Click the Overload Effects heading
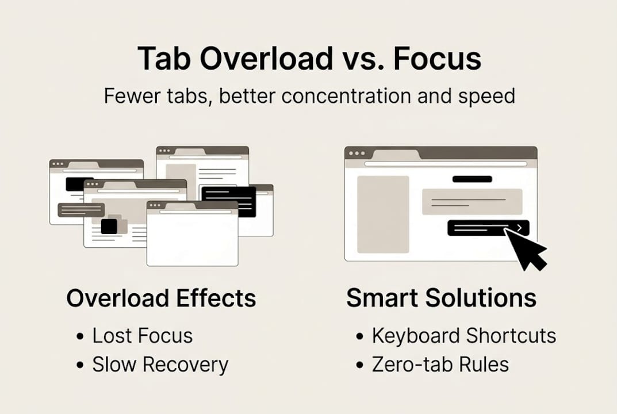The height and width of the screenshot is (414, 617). [161, 298]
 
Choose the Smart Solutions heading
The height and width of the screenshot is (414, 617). [441, 298]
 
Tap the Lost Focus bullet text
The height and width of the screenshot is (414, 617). [142, 335]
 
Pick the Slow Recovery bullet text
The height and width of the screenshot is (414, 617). [160, 365]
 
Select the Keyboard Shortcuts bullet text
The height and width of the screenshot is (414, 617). [463, 335]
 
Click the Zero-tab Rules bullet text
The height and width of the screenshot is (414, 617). [440, 365]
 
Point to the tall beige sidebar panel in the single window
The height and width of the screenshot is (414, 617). [383, 214]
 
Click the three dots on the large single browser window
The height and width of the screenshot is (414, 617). [357, 153]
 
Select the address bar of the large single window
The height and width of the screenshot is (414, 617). [446, 164]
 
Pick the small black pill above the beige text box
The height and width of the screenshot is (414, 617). [472, 179]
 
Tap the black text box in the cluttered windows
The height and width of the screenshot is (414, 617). [228, 201]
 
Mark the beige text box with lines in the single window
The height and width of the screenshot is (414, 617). [472, 201]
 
